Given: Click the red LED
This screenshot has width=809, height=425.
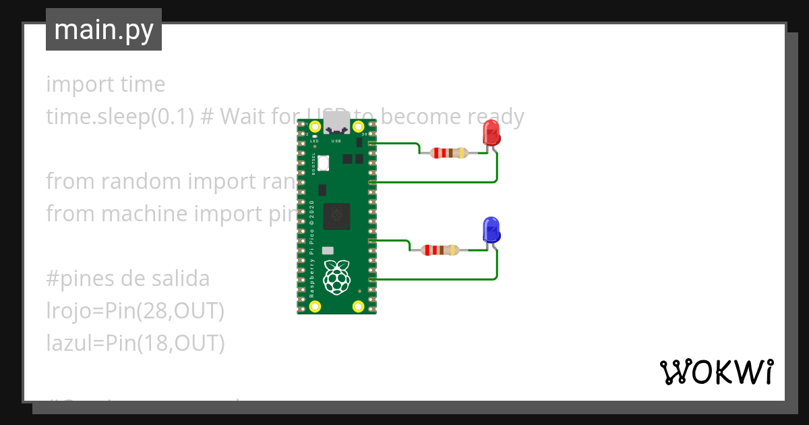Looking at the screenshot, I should tap(491, 133).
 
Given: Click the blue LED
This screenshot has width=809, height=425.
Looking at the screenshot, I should tap(491, 230).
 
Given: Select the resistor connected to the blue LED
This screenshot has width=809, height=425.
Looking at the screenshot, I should tap(440, 250).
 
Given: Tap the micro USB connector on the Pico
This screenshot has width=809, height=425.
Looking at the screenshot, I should tap(336, 125).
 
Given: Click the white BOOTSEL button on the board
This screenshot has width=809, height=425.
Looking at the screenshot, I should tap(323, 163).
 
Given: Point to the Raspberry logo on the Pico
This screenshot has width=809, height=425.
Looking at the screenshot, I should tap(337, 277).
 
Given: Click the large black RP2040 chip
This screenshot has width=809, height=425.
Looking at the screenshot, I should tap(337, 216).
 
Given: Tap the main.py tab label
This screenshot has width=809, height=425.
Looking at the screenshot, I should tap(104, 30).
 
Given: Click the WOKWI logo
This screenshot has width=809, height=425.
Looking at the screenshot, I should tap(716, 372).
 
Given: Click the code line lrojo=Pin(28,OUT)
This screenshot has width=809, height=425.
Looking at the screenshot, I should tap(135, 311).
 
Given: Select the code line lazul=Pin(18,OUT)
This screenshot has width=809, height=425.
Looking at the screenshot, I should tap(135, 343).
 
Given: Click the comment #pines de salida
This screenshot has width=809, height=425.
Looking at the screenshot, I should tap(128, 279).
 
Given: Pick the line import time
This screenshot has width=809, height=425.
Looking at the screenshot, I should tap(106, 84).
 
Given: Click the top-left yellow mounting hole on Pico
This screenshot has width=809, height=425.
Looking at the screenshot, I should tap(315, 126).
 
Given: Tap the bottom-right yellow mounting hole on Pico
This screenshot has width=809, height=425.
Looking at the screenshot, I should tap(359, 307).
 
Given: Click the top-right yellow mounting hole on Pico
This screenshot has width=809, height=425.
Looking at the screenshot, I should tap(359, 126).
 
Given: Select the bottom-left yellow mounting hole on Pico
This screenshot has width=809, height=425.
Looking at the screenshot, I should tap(315, 307).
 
